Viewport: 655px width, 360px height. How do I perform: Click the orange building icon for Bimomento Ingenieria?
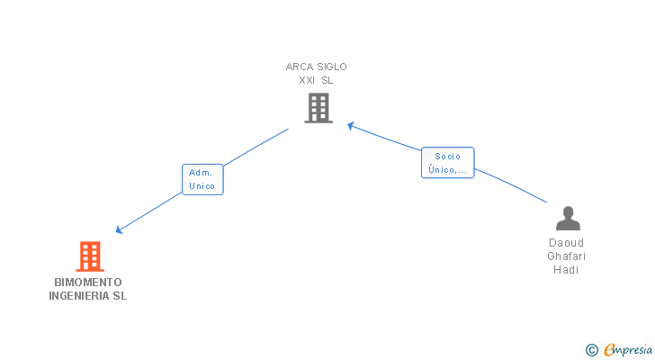pyautogui.click(x=89, y=256)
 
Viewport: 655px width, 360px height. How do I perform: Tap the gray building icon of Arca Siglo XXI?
pyautogui.click(x=318, y=108)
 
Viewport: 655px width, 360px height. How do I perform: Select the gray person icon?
pyautogui.click(x=568, y=219)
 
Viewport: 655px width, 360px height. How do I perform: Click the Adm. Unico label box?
pyautogui.click(x=202, y=179)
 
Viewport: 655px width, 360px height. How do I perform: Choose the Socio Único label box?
pyautogui.click(x=447, y=163)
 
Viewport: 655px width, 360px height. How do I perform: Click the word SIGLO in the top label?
pyautogui.click(x=331, y=67)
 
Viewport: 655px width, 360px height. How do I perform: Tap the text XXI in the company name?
pyautogui.click(x=309, y=80)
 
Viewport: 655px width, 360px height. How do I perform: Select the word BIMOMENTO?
pyautogui.click(x=88, y=282)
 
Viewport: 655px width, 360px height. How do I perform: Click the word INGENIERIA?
pyautogui.click(x=78, y=296)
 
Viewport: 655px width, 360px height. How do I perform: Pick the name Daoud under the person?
pyautogui.click(x=567, y=243)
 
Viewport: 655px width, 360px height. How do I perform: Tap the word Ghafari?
pyautogui.click(x=567, y=256)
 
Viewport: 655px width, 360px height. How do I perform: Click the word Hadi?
pyautogui.click(x=567, y=270)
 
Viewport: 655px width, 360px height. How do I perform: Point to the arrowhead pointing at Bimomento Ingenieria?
pyautogui.click(x=120, y=230)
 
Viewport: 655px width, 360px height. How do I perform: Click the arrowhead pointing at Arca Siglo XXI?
pyautogui.click(x=351, y=125)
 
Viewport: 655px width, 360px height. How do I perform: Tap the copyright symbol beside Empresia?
pyautogui.click(x=592, y=350)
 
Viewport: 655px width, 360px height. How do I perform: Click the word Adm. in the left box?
pyautogui.click(x=202, y=173)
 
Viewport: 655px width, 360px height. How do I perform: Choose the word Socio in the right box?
pyautogui.click(x=447, y=157)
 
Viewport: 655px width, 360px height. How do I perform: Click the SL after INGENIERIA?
pyautogui.click(x=120, y=296)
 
